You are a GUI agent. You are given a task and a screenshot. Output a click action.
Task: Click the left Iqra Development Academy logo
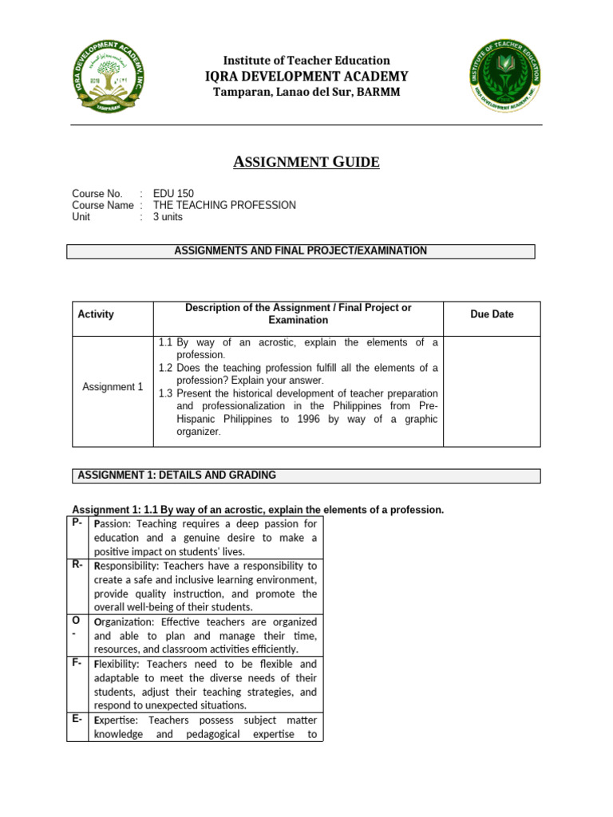(116, 77)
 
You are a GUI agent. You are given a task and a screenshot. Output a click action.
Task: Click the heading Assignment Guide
(306, 163)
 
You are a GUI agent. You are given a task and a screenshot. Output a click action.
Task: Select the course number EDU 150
(173, 194)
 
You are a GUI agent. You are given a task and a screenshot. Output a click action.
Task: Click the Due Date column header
(492, 314)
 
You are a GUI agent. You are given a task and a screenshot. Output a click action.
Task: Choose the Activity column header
(96, 314)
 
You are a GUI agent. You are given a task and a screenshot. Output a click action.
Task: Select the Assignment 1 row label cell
(113, 387)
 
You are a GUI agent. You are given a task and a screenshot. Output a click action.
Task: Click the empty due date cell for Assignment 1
(492, 390)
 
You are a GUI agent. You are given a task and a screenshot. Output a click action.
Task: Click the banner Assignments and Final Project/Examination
(300, 251)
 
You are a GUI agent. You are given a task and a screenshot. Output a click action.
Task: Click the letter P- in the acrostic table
(77, 523)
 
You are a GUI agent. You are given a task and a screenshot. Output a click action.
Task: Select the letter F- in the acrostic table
(77, 664)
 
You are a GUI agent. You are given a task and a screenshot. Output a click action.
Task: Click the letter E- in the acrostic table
(77, 720)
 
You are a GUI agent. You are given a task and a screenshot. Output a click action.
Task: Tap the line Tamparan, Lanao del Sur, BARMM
(306, 93)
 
